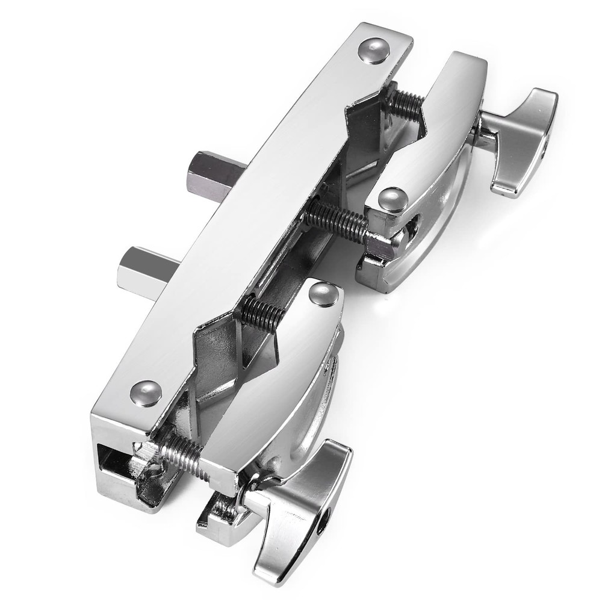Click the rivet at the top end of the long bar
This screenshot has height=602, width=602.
(373, 50)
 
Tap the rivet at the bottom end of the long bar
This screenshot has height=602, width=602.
(146, 393)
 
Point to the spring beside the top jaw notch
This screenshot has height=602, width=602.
(404, 106)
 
